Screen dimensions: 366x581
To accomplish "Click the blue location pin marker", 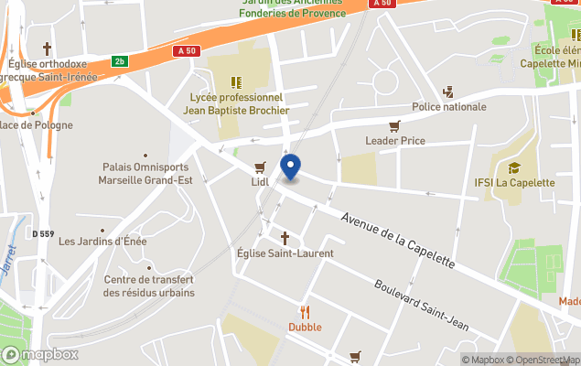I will (290, 167).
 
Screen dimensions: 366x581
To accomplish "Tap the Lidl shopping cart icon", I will (260, 167).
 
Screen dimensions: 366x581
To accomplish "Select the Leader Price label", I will (394, 140).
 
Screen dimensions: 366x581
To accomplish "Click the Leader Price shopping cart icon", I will (394, 126).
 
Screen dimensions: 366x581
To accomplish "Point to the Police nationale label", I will (449, 107).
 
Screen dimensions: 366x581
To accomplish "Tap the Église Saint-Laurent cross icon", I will (285, 238).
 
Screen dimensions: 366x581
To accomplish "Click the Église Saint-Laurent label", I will (285, 253).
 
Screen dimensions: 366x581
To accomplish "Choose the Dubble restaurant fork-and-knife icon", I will (305, 312).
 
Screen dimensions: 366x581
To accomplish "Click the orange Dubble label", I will (305, 327).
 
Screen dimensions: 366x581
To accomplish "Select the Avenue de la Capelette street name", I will (397, 239).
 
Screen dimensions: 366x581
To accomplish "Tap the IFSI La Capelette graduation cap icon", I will (513, 167).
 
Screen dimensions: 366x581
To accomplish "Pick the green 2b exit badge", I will (119, 61).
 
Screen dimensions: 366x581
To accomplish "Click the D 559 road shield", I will (42, 234).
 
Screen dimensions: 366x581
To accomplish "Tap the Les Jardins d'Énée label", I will (102, 242).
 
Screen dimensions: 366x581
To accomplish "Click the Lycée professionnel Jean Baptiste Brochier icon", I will (236, 81).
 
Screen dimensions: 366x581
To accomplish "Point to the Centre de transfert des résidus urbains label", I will (148, 286).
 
